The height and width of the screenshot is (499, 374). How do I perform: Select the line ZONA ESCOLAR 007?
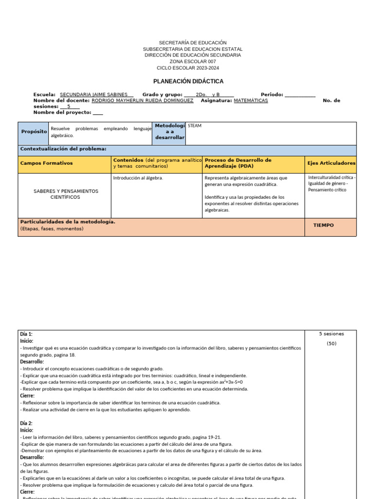pos(192,61)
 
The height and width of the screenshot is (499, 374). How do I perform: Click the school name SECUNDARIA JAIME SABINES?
pos(94,95)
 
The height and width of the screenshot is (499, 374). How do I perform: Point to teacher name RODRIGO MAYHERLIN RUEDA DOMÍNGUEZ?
pos(142,100)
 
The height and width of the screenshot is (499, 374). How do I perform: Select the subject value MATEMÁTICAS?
pos(251,100)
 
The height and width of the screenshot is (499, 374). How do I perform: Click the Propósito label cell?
pos(34,132)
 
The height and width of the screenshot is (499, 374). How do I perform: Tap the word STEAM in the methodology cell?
pos(195,126)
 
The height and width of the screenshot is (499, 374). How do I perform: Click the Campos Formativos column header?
pos(46,163)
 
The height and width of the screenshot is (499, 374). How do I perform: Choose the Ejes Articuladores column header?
pos(331,163)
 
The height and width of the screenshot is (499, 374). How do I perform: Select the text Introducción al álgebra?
pos(138,178)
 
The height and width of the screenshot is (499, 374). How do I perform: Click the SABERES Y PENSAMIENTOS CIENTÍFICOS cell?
pos(65,194)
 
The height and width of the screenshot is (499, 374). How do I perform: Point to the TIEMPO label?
pos(323,225)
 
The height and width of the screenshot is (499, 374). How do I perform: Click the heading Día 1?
pos(26,334)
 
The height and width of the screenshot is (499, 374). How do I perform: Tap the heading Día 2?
pos(26,423)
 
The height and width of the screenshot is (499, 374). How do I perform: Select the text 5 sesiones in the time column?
pos(331,334)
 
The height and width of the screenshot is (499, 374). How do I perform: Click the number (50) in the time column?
pos(331,344)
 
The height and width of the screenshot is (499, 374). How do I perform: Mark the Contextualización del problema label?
pos(63,149)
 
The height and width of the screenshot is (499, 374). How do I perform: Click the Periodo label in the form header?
pos(272,95)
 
